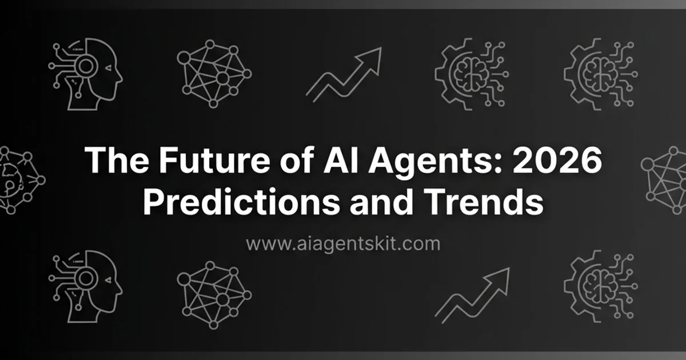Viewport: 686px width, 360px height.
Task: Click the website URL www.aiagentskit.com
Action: (x=343, y=244)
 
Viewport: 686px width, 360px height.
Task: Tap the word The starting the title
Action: (x=117, y=162)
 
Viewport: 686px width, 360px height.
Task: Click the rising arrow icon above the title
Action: (x=343, y=74)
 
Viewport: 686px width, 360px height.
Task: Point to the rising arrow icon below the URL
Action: (x=472, y=294)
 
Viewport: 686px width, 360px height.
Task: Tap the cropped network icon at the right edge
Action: (x=666, y=179)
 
